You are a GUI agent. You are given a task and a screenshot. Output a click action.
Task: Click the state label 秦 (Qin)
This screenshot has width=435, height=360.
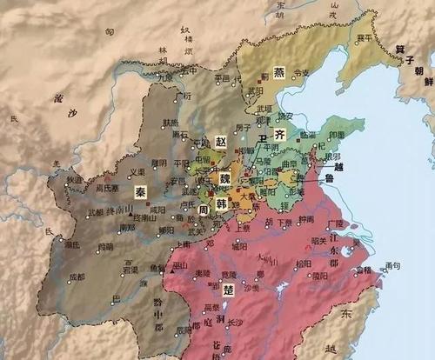(139, 189)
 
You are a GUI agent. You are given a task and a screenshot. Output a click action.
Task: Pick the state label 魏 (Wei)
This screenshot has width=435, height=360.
(224, 177)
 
